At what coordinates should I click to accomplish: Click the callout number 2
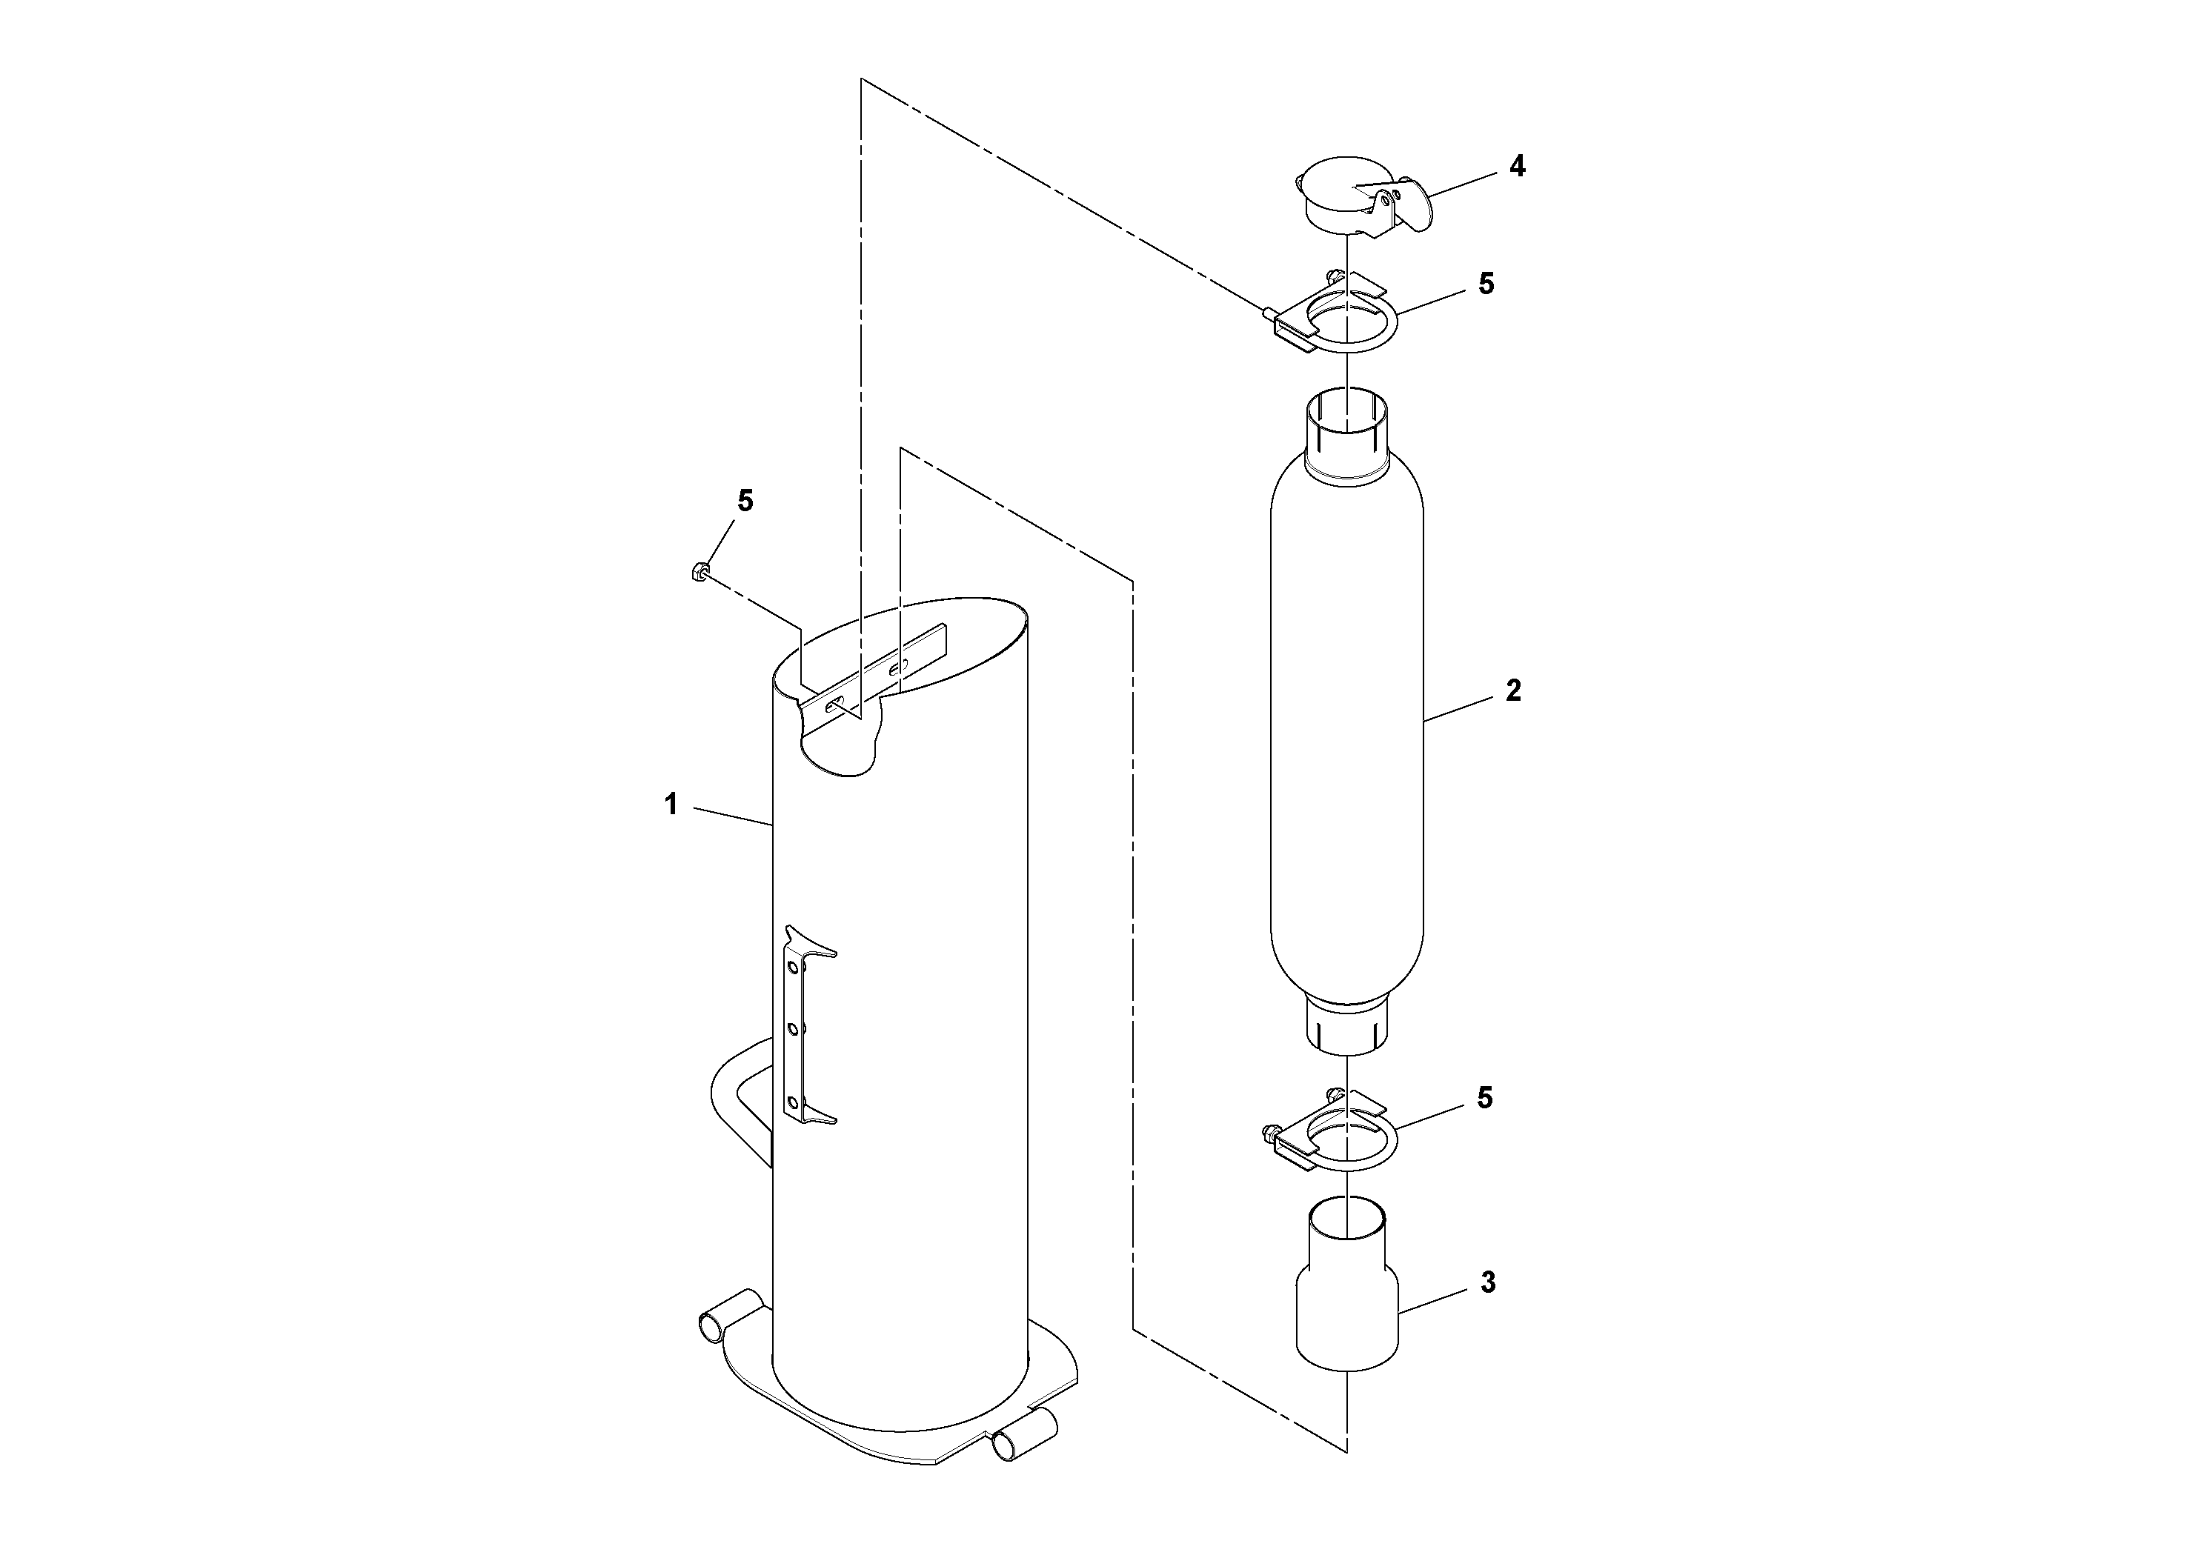pyautogui.click(x=1513, y=690)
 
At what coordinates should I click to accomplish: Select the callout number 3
pyautogui.click(x=1488, y=1282)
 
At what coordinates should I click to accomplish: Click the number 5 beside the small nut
pyautogui.click(x=745, y=501)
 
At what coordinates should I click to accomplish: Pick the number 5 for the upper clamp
pyautogui.click(x=1486, y=283)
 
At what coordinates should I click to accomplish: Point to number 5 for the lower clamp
pyautogui.click(x=1486, y=1098)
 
